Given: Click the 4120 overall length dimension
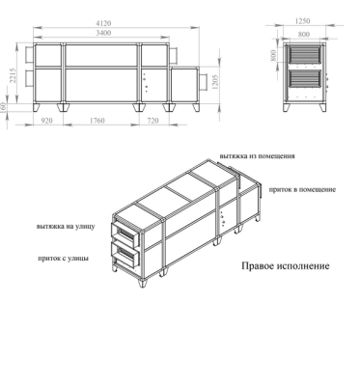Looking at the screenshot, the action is [103, 23].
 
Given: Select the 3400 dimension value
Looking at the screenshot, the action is [103, 33].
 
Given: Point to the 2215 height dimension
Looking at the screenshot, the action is [13, 75].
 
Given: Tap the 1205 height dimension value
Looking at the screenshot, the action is [215, 82].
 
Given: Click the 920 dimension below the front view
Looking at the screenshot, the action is [47, 121].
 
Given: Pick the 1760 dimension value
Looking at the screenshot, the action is [97, 121].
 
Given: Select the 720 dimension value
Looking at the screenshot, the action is [152, 121].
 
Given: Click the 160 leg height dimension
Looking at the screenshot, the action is [4, 107].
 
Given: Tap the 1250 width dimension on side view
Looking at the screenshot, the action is [302, 21].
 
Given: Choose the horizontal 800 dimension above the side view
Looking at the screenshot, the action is [304, 34].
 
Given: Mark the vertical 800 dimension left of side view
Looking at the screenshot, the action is [273, 55].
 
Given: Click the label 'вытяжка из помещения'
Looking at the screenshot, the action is [257, 156].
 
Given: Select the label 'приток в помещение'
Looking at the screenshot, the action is [302, 189].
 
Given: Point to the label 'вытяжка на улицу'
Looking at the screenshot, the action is [66, 226].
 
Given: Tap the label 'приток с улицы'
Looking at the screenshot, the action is [63, 258].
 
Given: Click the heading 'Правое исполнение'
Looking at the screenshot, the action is [286, 266].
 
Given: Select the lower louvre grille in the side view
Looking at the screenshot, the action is [305, 78].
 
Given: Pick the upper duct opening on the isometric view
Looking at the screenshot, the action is [125, 234].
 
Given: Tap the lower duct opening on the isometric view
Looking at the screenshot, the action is [125, 254].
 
